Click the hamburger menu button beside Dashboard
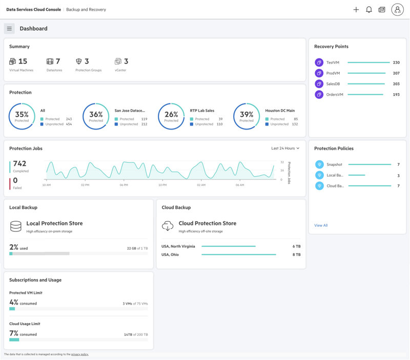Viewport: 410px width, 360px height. tap(9, 29)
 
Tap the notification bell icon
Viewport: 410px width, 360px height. tap(368, 10)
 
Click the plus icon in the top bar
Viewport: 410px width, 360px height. tap(356, 10)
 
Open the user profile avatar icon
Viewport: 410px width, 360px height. tap(397, 10)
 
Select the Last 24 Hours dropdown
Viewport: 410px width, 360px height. tap(285, 149)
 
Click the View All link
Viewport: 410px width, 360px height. tap(321, 225)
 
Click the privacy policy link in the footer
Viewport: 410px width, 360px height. tap(79, 354)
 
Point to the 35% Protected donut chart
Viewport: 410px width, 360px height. tap(22, 116)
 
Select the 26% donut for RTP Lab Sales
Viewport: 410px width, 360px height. tap(171, 116)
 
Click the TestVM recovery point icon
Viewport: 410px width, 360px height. tap(319, 62)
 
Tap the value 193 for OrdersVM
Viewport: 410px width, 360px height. tap(396, 95)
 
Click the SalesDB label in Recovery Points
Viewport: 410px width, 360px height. tap(333, 84)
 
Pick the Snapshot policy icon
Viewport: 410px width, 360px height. tap(319, 164)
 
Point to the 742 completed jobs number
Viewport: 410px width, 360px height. tap(19, 164)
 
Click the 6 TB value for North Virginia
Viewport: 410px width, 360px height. tap(296, 246)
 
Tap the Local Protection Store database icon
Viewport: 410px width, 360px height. tap(16, 226)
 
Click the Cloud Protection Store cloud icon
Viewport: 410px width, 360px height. tap(168, 226)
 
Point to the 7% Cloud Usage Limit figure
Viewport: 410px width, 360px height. tap(14, 333)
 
